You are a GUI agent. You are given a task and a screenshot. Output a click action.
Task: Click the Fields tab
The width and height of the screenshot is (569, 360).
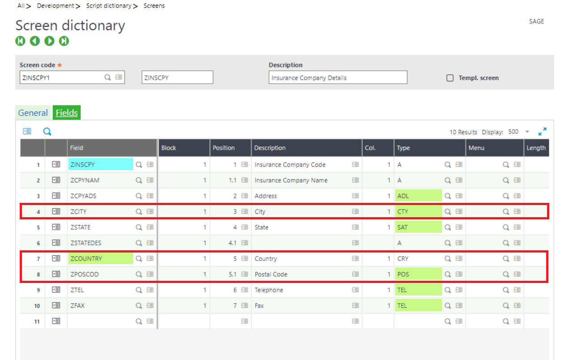click(x=67, y=113)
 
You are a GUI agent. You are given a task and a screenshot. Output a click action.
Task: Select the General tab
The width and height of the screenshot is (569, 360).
click(x=33, y=113)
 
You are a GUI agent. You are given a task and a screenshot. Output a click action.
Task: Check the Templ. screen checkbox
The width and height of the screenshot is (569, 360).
click(x=450, y=78)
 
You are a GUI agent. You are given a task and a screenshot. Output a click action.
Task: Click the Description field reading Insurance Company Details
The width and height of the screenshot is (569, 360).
click(x=338, y=77)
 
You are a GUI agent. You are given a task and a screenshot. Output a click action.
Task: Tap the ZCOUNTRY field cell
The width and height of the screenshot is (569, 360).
click(x=100, y=258)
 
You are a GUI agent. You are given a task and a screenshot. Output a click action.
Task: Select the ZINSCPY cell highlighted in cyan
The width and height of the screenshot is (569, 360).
click(x=100, y=164)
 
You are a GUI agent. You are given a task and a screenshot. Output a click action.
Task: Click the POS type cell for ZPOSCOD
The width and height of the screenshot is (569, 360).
click(x=418, y=274)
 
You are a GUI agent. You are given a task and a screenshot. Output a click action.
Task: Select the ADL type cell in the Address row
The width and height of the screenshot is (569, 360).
click(x=418, y=196)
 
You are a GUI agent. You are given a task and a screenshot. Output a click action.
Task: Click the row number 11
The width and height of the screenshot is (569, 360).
click(x=38, y=321)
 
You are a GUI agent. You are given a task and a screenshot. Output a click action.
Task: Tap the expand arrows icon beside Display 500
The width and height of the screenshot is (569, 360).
click(x=542, y=132)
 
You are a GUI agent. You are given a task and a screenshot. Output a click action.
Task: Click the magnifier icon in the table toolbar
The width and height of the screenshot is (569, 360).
click(x=47, y=132)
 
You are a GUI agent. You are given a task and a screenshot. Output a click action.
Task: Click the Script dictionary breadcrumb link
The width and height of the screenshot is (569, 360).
click(x=109, y=6)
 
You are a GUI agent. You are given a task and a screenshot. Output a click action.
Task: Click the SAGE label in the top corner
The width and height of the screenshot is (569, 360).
click(x=536, y=21)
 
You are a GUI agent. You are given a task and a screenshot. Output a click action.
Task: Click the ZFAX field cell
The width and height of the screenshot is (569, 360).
click(x=100, y=305)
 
